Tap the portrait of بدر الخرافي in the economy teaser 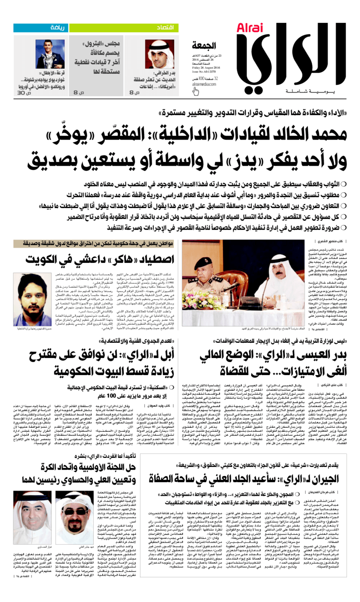pyautogui.click(x=156, y=54)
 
